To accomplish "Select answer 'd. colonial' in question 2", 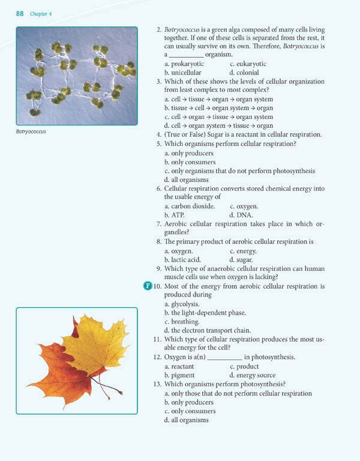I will pyautogui.click(x=243, y=73).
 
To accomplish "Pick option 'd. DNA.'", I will pyautogui.click(x=241, y=214).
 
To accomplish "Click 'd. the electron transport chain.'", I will pyautogui.click(x=207, y=331).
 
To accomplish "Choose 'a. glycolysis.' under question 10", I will pyautogui.click(x=182, y=304).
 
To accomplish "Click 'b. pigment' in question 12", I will pyautogui.click(x=180, y=375).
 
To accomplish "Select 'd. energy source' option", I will pyautogui.click(x=252, y=375).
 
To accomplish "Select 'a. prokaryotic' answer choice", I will pyautogui.click(x=184, y=64).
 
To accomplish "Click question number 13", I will pyautogui.click(x=157, y=384).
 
